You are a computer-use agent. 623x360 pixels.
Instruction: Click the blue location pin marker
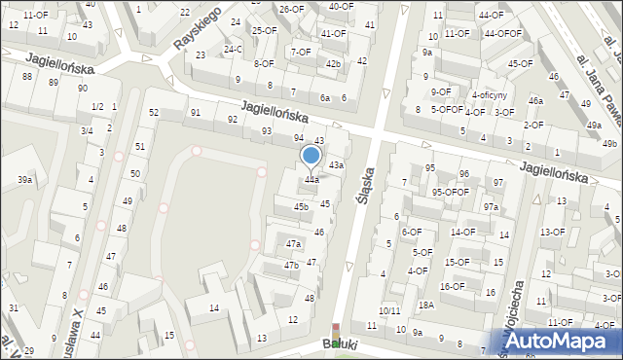[311, 157]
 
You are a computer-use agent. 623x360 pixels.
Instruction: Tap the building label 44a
[311, 180]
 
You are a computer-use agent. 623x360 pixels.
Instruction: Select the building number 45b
[302, 206]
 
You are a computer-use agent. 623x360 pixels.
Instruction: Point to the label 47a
[293, 243]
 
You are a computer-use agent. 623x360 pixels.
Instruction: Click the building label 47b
[291, 265]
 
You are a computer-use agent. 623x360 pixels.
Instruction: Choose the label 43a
[336, 165]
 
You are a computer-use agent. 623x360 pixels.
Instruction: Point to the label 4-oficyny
[489, 95]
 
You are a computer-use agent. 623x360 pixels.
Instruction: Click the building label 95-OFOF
[451, 192]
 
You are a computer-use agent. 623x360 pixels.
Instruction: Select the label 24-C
[233, 49]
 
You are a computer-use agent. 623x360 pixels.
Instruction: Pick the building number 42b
[334, 64]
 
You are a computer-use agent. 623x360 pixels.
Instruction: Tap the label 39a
[24, 180]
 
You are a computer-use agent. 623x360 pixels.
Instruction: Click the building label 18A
[425, 305]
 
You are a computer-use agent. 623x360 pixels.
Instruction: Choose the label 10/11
[389, 310]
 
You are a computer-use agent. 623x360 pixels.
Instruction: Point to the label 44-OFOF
[502, 33]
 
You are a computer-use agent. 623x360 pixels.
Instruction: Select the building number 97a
[491, 207]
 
